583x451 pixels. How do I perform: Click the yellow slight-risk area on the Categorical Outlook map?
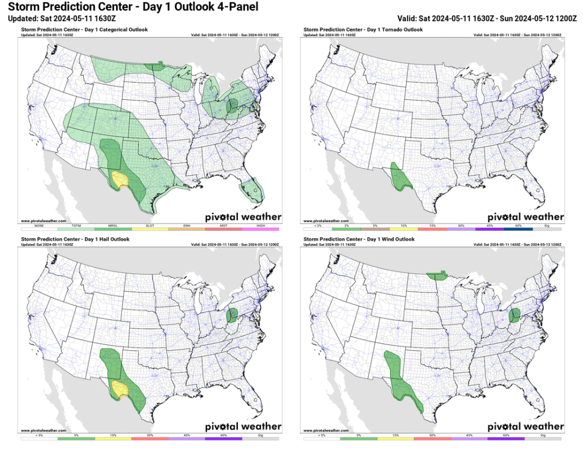pyautogui.click(x=120, y=180)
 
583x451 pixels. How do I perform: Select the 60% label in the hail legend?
pyautogui.click(x=224, y=435)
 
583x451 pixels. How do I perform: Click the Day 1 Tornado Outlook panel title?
pyautogui.click(x=363, y=30)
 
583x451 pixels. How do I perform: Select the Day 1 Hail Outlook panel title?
pyautogui.click(x=75, y=239)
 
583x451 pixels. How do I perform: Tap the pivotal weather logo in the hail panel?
pyautogui.click(x=243, y=426)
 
